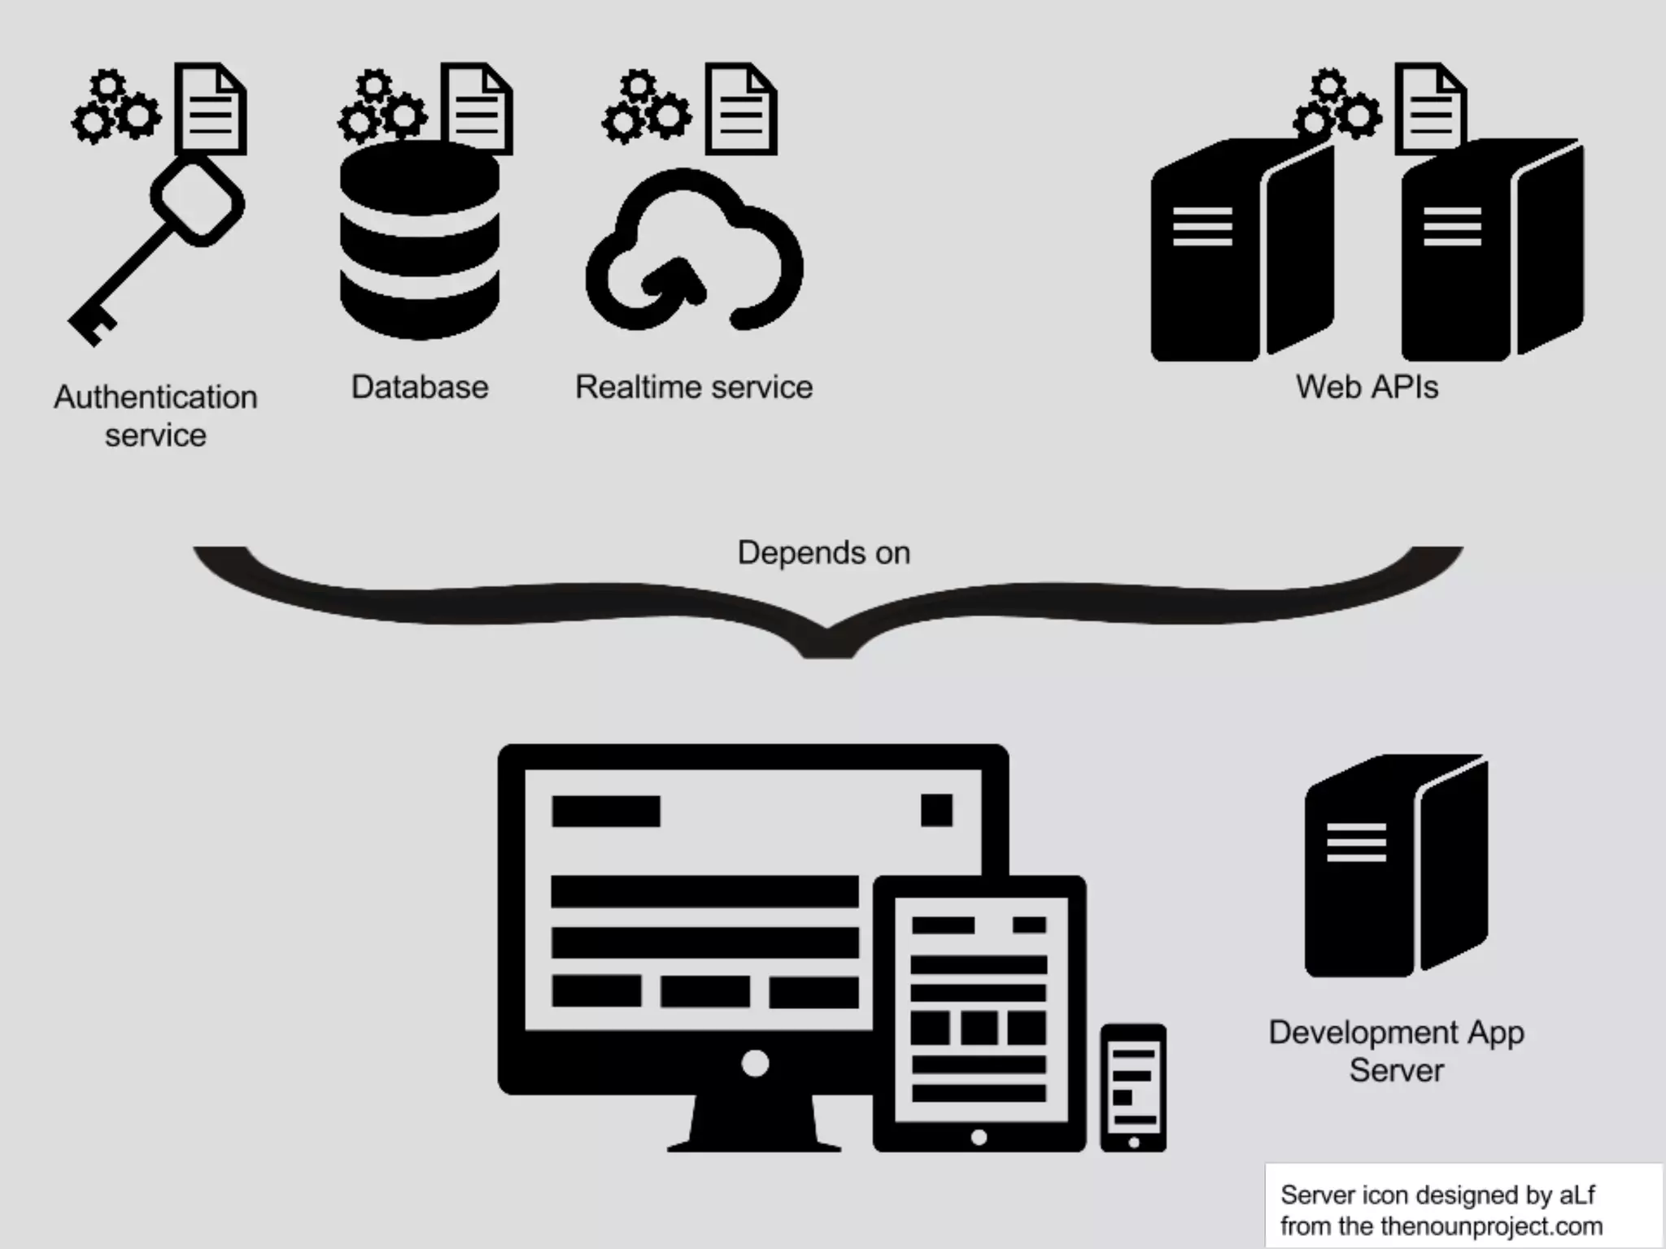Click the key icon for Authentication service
pos(155,252)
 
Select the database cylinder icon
pos(420,241)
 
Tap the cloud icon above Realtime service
pos(694,252)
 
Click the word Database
pos(420,387)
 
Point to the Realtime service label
pos(694,387)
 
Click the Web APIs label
pos(1367,387)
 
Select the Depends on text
pos(823,553)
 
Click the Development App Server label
pos(1396,1051)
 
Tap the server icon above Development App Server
pos(1396,865)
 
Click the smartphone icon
pos(1133,1087)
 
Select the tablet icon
pos(979,1013)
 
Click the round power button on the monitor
pos(755,1063)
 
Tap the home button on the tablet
pos(979,1137)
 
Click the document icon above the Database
pos(477,109)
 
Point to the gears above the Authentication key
pos(116,108)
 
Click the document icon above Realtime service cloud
pos(740,109)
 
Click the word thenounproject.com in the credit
pos(1492,1225)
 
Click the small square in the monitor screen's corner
pos(936,810)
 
